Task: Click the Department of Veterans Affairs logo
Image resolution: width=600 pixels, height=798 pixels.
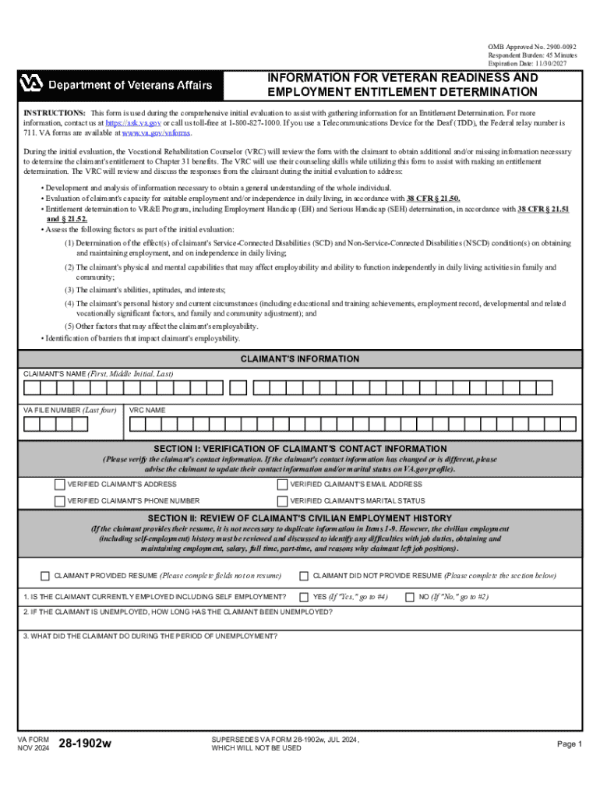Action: (116, 83)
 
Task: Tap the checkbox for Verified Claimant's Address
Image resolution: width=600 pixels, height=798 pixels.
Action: (60, 485)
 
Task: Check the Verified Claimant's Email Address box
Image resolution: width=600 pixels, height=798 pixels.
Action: (282, 485)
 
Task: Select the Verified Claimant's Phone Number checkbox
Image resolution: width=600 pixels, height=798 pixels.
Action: (60, 501)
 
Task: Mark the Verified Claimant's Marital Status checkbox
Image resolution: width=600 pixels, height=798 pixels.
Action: (282, 501)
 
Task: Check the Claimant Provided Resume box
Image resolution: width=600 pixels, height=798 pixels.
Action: (45, 576)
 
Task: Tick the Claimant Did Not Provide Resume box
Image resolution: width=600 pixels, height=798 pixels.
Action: (304, 576)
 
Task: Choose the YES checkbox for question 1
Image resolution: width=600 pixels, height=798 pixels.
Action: (304, 597)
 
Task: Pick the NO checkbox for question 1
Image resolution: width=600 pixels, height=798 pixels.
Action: (410, 597)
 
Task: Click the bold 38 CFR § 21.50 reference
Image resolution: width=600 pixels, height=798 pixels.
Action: (432, 199)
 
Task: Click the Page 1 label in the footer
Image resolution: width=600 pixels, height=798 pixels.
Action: (569, 744)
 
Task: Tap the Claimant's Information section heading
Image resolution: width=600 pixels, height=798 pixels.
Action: (299, 359)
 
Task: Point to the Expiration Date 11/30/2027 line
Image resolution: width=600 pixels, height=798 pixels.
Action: (527, 64)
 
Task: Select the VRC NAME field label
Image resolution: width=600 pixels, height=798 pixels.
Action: (148, 410)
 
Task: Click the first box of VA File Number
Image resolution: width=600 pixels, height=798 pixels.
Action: (31, 425)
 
